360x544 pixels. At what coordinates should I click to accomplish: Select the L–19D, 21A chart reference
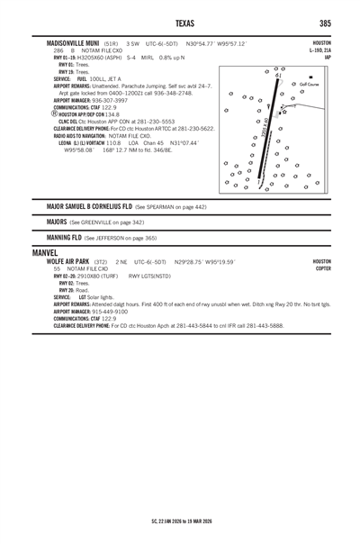click(x=319, y=50)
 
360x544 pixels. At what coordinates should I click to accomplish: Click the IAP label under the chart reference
click(x=328, y=58)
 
